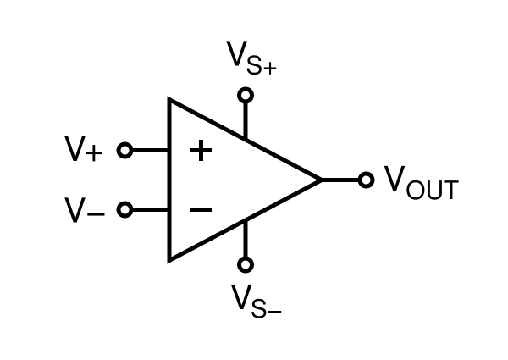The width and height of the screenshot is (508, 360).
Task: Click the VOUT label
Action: (421, 182)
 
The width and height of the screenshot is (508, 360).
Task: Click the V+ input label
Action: (85, 151)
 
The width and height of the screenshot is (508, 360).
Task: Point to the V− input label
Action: (85, 209)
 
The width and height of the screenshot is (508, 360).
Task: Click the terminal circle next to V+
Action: (124, 151)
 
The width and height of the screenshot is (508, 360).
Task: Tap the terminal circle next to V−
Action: (124, 209)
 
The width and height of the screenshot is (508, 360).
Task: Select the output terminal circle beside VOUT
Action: (366, 180)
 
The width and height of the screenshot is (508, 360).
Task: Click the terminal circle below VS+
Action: (246, 95)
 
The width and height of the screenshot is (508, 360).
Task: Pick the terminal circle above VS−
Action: (246, 264)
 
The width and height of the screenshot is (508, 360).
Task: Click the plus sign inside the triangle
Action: (200, 151)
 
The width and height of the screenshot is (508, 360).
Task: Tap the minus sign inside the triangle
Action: (200, 208)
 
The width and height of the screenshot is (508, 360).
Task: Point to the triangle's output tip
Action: (321, 180)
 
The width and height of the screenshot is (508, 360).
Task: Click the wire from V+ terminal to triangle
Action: (150, 151)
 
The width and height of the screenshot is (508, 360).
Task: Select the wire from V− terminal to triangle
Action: (150, 209)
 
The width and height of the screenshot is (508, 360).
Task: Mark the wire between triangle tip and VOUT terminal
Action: (340, 180)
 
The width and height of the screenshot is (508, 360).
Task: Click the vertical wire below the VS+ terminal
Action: (246, 119)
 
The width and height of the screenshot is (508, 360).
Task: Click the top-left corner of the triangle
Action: (170, 101)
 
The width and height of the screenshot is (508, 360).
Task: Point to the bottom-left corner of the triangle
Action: (170, 259)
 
